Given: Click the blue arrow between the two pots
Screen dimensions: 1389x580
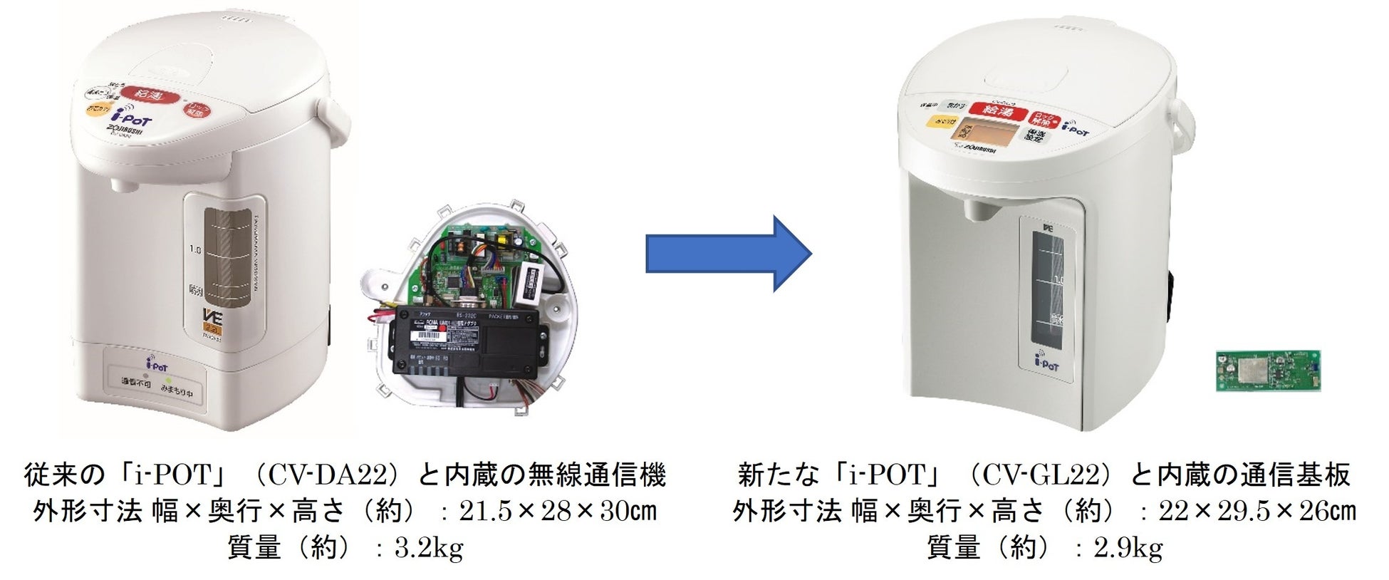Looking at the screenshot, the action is click(x=727, y=254).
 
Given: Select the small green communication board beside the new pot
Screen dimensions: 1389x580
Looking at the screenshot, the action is click(x=1267, y=370).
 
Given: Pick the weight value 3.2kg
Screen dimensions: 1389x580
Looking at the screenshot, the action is click(x=429, y=547).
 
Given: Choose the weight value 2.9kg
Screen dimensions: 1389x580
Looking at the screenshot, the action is click(x=1128, y=547).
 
